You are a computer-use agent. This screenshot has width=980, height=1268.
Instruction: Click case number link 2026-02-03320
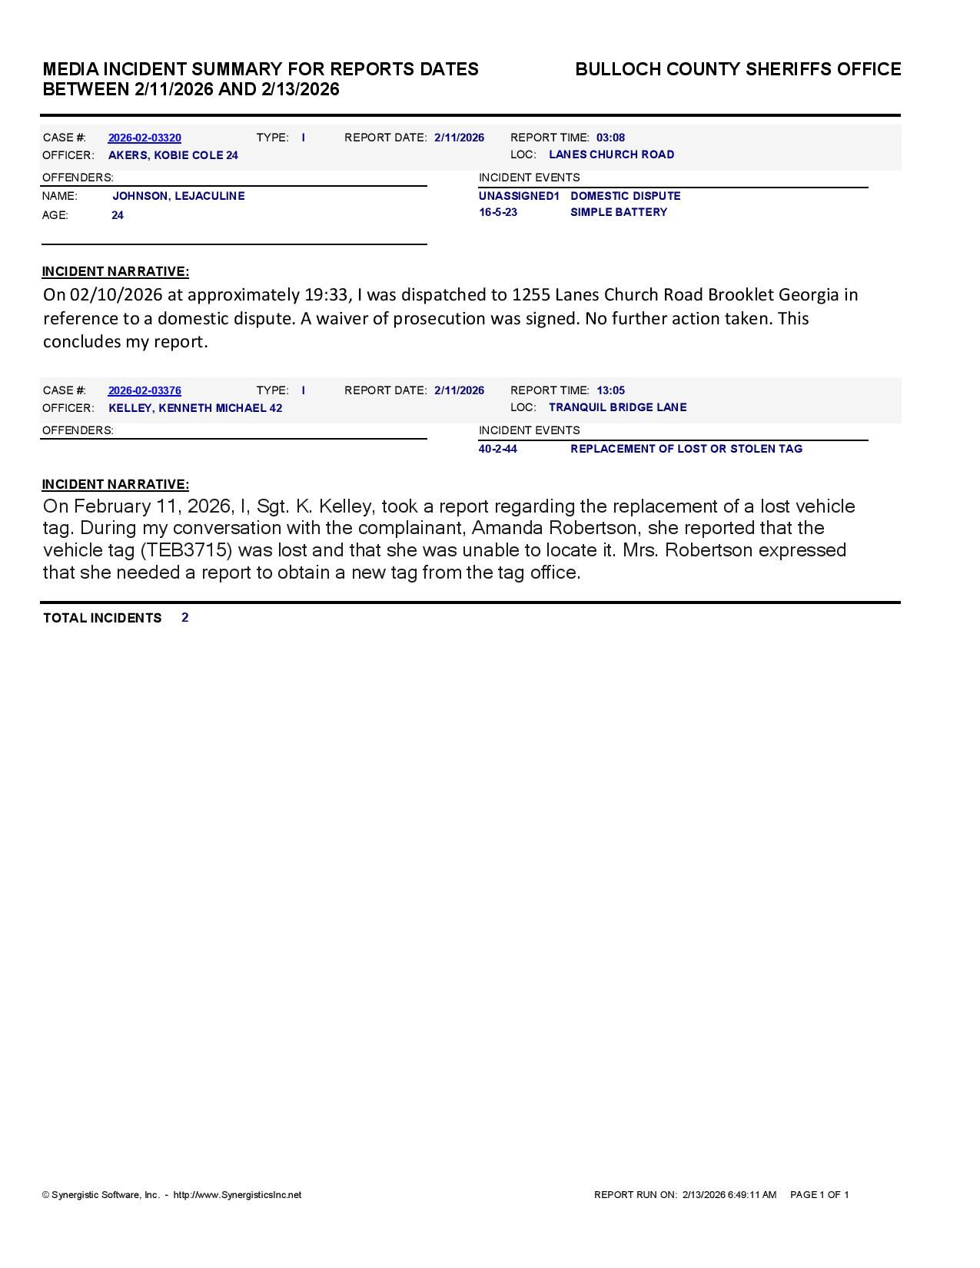pos(145,138)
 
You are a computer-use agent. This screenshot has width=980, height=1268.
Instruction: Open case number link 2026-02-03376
pos(145,390)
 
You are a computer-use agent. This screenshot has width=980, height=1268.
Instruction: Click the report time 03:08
pos(610,138)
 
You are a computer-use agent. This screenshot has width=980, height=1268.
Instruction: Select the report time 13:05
pos(610,390)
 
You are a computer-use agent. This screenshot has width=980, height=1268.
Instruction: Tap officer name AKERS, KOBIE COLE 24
pos(173,155)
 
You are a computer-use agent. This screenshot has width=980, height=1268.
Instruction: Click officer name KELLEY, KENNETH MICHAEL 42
pos(195,408)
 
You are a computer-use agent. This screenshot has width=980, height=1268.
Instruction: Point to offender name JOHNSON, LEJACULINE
pos(178,196)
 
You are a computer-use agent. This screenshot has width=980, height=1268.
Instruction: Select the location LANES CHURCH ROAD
pos(611,154)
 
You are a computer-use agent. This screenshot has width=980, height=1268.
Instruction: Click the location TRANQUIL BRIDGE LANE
pos(617,407)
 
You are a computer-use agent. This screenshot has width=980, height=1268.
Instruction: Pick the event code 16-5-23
pos(498,212)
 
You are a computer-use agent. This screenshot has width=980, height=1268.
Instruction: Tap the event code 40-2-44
pos(497,449)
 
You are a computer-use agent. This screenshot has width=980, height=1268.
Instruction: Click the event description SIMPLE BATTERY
pos(618,212)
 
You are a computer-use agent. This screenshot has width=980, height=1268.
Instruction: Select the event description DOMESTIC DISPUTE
pos(625,196)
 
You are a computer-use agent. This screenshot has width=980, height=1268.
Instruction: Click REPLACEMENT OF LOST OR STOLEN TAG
pos(686,449)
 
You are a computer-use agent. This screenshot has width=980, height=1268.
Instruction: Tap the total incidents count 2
pos(185,618)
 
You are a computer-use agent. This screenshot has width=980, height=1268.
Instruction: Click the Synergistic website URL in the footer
pos(237,1195)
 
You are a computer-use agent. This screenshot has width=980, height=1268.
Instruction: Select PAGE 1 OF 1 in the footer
pos(819,1195)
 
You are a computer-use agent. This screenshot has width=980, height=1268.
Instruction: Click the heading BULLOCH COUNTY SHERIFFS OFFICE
pos(738,70)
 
